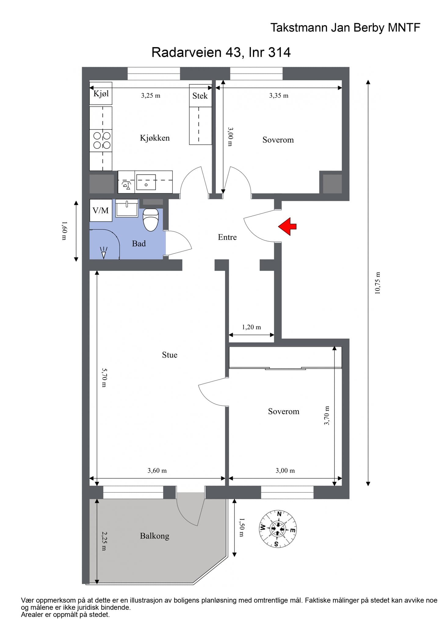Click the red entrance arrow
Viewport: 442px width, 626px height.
tap(287, 226)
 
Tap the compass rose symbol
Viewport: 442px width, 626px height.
tap(277, 529)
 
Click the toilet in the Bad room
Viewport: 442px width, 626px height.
tap(151, 219)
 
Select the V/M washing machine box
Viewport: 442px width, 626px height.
tap(101, 210)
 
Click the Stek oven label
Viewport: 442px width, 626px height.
tap(200, 96)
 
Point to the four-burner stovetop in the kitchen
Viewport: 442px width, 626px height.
tap(102, 140)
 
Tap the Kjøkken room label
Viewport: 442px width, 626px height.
tap(155, 138)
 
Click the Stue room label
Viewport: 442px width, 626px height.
tap(170, 355)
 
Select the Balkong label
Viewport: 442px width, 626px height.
tap(154, 536)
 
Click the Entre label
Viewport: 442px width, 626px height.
tap(227, 237)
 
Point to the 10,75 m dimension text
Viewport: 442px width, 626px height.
tap(378, 283)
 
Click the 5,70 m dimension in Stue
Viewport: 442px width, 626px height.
tap(104, 378)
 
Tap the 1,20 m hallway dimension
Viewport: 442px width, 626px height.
tap(252, 327)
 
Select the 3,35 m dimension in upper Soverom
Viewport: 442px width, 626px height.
tap(279, 96)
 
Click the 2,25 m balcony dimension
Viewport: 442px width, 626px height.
tap(104, 541)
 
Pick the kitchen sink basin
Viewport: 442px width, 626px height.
tap(146, 182)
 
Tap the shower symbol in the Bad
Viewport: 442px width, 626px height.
tap(104, 252)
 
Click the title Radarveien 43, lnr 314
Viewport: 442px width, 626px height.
tap(221, 52)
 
